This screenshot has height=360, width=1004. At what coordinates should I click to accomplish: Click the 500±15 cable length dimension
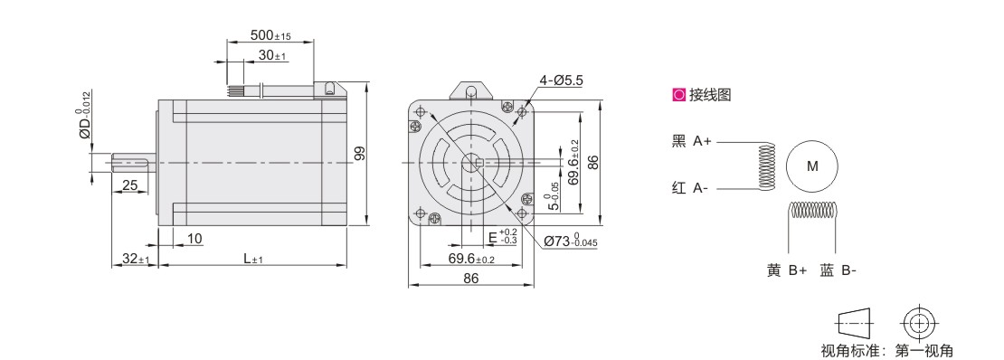270,34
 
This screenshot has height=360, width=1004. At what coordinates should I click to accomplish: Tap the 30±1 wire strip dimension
272,56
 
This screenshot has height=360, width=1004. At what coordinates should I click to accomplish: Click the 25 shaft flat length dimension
130,185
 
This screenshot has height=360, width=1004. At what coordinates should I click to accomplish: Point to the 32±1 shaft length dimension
136,259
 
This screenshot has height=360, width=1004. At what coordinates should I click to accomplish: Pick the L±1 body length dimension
253,259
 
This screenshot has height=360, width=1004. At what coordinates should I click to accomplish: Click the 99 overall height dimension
359,153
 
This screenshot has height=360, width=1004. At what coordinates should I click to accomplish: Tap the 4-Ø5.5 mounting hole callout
560,81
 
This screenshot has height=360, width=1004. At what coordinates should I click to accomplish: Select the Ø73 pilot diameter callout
571,241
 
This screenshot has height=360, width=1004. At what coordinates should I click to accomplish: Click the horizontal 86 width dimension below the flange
470,278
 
